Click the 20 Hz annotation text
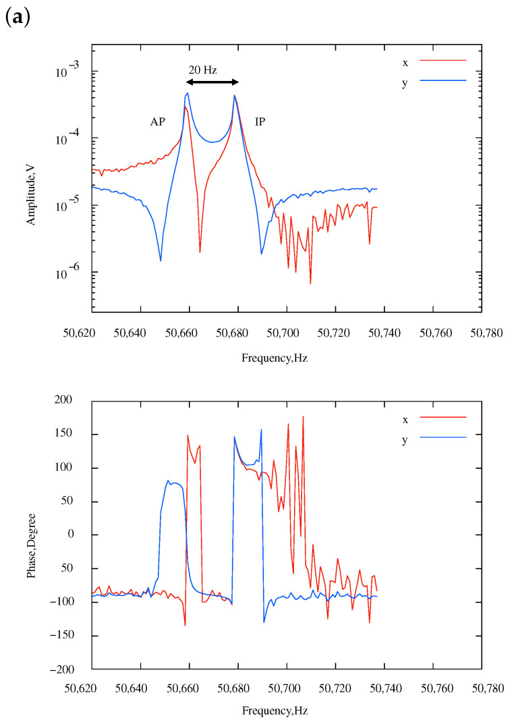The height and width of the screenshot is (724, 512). tap(202, 69)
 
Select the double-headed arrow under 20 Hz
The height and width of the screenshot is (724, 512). tap(212, 82)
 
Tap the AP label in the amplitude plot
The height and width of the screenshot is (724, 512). tap(158, 122)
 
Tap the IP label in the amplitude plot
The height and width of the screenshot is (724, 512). tap(260, 122)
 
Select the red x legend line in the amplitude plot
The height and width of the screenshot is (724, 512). tap(443, 61)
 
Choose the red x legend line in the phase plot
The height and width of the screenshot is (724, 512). tap(443, 418)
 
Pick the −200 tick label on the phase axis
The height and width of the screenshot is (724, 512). tap(69, 669)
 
